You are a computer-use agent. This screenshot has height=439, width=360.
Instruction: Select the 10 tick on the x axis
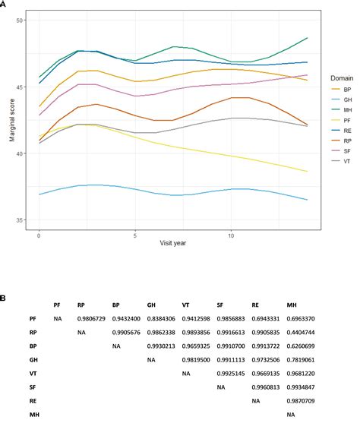[231, 237]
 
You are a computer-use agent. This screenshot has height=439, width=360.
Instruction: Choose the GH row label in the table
[34, 359]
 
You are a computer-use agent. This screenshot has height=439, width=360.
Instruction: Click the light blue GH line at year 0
[39, 194]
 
